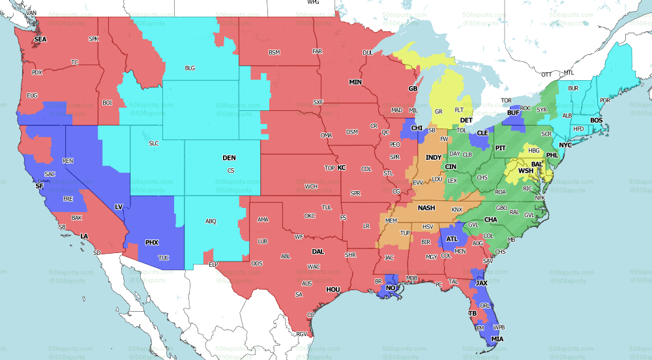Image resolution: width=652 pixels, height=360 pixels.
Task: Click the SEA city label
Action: tap(40, 39)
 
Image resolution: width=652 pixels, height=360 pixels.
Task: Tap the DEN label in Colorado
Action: tap(229, 158)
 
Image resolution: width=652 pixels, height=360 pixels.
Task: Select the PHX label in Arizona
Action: tap(151, 243)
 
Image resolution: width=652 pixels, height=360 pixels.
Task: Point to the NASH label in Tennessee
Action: tap(426, 208)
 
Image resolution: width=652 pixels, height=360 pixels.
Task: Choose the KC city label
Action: tap(341, 168)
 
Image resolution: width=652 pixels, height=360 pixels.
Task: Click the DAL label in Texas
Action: tap(318, 251)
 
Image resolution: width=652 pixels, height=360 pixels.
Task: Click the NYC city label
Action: tap(565, 145)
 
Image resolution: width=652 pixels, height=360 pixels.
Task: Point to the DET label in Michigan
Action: tap(466, 121)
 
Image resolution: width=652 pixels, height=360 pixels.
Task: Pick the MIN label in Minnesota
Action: tap(355, 82)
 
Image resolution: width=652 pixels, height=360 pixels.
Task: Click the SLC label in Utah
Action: tap(154, 143)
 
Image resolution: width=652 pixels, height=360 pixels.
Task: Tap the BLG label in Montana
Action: tap(190, 67)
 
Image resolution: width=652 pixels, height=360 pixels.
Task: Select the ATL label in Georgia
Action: tap(452, 239)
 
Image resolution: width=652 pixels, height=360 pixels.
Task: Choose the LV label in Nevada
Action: tap(119, 207)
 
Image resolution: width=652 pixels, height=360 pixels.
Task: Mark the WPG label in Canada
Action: tap(313, 3)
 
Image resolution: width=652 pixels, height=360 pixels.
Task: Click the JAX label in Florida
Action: tap(481, 283)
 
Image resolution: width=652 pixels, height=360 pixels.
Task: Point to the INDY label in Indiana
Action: tap(434, 158)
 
